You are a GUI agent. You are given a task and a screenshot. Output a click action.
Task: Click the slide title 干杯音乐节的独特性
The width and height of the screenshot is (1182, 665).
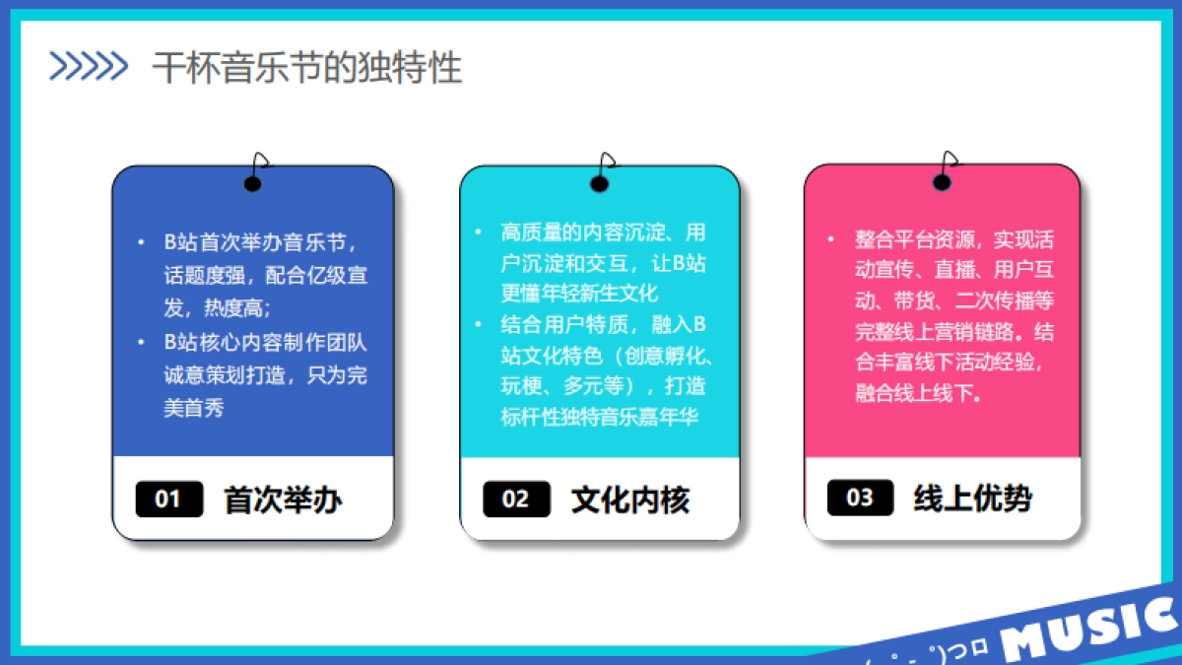tap(306, 68)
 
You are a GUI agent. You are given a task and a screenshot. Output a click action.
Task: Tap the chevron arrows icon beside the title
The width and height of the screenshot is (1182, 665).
tap(89, 66)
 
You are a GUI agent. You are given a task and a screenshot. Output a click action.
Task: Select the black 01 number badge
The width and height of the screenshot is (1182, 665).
tap(168, 499)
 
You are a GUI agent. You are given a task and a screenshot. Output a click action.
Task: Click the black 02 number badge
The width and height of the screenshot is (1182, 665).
tap(515, 499)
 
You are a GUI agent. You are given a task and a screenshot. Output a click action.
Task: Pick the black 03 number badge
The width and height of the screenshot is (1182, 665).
tap(860, 498)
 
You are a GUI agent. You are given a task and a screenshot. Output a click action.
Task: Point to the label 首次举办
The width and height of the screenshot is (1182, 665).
tap(283, 499)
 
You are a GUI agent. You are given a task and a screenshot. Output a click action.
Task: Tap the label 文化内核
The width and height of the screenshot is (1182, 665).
tap(629, 499)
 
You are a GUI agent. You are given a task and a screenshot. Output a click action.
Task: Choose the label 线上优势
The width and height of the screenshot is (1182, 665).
tap(972, 499)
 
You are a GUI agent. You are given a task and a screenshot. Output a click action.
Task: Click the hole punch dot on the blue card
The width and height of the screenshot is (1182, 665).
tap(253, 184)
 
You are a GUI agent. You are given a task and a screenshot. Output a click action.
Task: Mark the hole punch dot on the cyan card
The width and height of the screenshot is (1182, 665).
tap(599, 183)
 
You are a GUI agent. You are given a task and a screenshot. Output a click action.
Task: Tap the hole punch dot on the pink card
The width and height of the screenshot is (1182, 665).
tap(943, 182)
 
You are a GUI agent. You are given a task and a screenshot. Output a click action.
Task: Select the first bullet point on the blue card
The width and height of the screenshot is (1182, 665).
tap(141, 242)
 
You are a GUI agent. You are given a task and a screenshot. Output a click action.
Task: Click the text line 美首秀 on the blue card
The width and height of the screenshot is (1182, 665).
tap(194, 407)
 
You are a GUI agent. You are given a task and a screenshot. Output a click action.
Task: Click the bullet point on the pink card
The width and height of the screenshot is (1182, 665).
tap(832, 239)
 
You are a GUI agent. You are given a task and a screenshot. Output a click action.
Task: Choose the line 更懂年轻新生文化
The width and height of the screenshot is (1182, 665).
tap(579, 293)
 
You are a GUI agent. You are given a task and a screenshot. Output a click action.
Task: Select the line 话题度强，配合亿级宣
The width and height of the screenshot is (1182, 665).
tap(266, 275)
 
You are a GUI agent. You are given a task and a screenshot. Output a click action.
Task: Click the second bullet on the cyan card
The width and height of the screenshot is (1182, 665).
tap(479, 323)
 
